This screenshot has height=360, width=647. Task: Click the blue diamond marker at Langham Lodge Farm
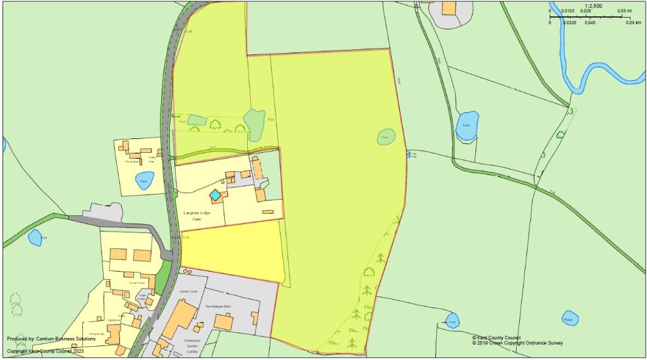216,196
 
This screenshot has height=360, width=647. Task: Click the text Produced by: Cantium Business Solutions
51,339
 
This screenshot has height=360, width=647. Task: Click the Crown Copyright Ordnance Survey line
517,344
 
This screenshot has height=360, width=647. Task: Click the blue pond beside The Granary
143,181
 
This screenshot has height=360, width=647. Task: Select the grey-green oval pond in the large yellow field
386,136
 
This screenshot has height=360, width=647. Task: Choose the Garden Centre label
189,292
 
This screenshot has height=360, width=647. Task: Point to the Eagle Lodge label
143,297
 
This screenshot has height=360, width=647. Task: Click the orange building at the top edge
449,8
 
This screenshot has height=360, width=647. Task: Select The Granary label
131,162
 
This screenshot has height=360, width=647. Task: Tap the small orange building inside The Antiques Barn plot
223,321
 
